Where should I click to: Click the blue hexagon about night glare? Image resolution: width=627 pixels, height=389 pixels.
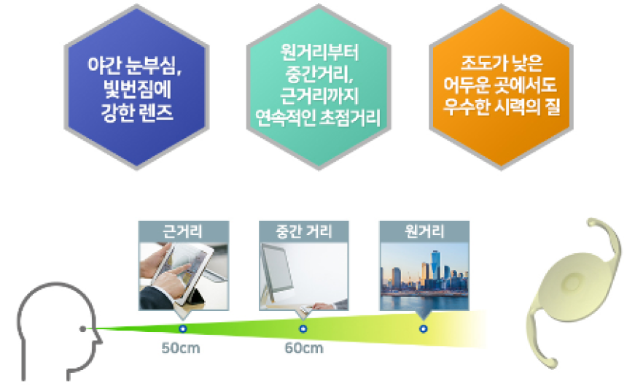click(x=137, y=88)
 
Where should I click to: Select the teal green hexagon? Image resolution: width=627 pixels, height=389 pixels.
click(x=319, y=88)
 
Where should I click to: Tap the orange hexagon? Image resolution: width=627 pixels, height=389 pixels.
click(x=501, y=88)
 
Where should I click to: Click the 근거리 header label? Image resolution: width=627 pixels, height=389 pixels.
click(x=183, y=231)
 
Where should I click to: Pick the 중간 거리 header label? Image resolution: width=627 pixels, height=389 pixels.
click(x=303, y=231)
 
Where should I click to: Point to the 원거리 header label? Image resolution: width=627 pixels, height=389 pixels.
click(x=424, y=231)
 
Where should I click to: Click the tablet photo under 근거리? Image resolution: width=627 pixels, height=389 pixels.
click(x=184, y=276)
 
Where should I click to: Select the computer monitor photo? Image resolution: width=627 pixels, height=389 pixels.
click(x=303, y=276)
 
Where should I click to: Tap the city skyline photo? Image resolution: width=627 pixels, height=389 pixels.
click(x=424, y=276)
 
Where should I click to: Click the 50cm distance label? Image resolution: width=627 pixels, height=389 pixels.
click(x=181, y=348)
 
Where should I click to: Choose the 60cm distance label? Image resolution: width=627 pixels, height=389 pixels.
click(x=304, y=348)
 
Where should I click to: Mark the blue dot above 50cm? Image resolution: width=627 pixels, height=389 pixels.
click(x=183, y=329)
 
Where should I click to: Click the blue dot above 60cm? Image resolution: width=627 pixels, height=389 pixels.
click(x=303, y=329)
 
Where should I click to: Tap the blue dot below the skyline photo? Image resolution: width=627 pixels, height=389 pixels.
click(x=424, y=329)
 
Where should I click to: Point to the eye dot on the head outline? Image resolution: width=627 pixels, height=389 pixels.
click(x=83, y=329)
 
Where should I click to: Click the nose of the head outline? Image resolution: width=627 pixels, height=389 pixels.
click(x=100, y=342)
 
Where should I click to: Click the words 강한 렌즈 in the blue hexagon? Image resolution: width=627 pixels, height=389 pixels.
click(x=137, y=112)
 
